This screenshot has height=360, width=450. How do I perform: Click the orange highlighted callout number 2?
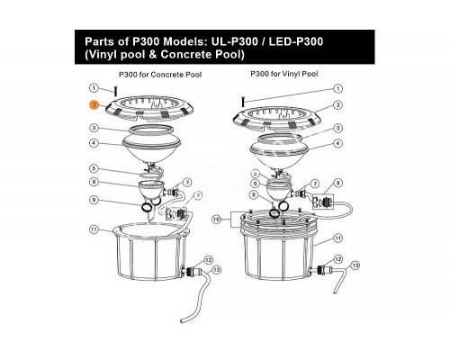[x=94, y=105]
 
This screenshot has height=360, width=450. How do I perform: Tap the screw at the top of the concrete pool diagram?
[x=115, y=91]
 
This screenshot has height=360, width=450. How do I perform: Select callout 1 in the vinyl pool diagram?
[x=337, y=89]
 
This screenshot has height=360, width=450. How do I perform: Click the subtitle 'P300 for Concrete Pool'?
[x=160, y=75]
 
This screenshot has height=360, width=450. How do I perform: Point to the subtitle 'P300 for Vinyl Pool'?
[x=284, y=74]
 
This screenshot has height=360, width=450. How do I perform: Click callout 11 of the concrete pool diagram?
[x=94, y=229]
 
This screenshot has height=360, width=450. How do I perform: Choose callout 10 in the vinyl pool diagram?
[x=216, y=220]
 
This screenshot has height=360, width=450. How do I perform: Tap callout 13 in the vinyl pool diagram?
[x=355, y=265]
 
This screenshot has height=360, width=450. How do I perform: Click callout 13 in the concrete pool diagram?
[x=216, y=270]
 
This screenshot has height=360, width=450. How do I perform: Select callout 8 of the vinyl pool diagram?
[x=337, y=183]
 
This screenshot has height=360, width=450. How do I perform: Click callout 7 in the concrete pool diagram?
[x=187, y=183]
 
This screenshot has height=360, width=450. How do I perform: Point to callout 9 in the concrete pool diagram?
[x=94, y=200]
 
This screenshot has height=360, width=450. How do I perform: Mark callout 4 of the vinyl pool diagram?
[x=337, y=143]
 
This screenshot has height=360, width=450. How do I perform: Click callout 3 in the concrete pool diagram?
[x=94, y=128]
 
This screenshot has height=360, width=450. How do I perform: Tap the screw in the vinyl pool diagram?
[x=243, y=101]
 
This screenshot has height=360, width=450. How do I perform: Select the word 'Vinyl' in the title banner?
[x=102, y=55]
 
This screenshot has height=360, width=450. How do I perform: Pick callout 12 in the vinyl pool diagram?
[x=337, y=259]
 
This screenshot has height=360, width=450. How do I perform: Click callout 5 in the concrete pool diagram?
[x=94, y=168]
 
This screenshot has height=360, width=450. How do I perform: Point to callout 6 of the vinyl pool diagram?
[x=255, y=184]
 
